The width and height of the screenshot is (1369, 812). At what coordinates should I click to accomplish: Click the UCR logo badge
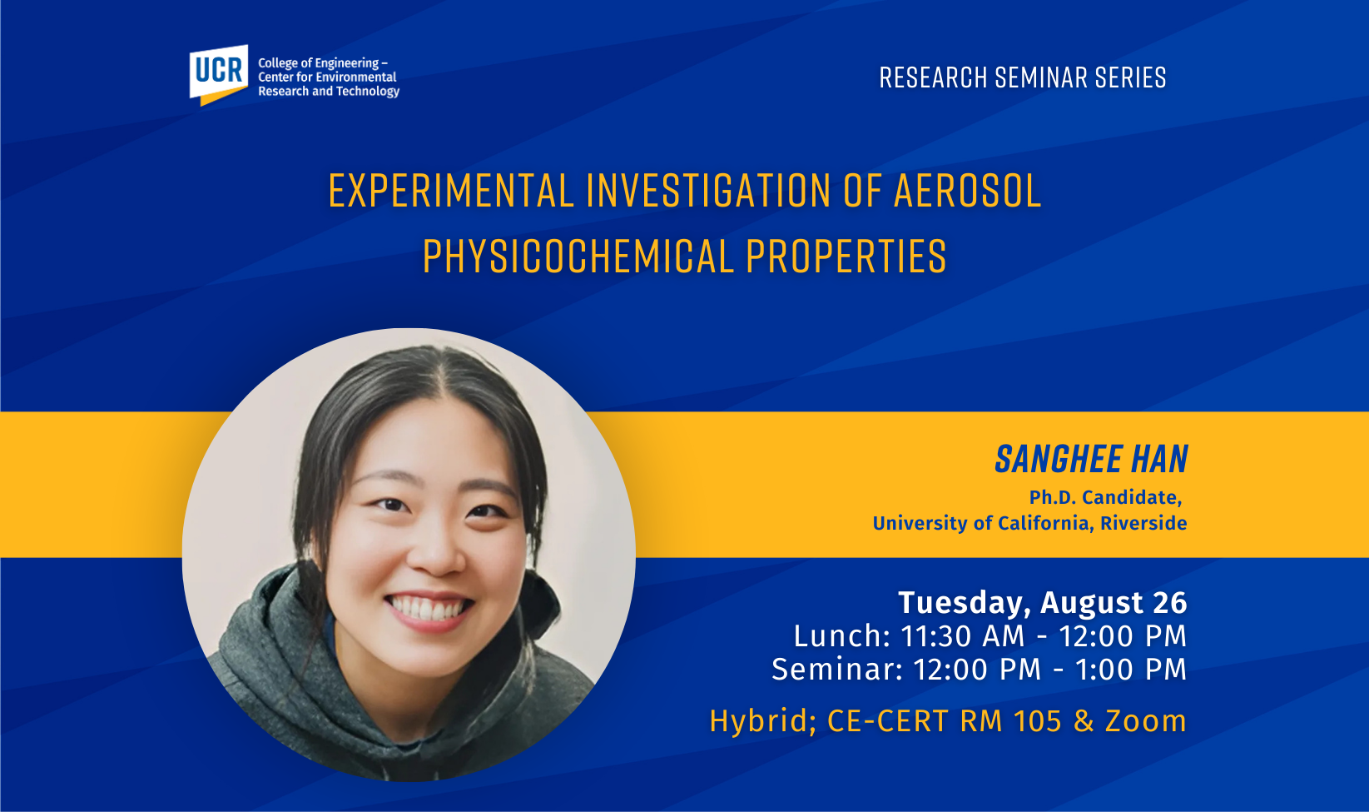click(219, 75)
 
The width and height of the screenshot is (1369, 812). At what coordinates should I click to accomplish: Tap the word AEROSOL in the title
click(968, 192)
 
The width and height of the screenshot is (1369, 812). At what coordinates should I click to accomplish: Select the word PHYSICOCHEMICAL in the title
click(578, 257)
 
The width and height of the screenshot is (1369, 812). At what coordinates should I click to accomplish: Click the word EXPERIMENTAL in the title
click(451, 192)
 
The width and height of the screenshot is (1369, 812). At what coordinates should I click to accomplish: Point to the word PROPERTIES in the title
click(846, 257)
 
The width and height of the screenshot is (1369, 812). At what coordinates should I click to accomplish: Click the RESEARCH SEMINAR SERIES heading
click(1023, 77)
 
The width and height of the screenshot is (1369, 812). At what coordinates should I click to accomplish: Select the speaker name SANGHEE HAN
click(1092, 459)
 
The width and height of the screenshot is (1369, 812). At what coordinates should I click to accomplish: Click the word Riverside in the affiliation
click(1143, 523)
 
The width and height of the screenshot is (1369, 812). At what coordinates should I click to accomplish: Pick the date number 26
click(1170, 603)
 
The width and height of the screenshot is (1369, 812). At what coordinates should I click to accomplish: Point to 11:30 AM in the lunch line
click(963, 636)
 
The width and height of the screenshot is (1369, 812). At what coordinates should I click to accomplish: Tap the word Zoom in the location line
click(1146, 721)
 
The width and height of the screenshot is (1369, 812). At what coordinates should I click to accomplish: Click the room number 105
click(1037, 721)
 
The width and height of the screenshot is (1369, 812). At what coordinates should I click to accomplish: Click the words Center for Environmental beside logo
click(327, 77)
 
